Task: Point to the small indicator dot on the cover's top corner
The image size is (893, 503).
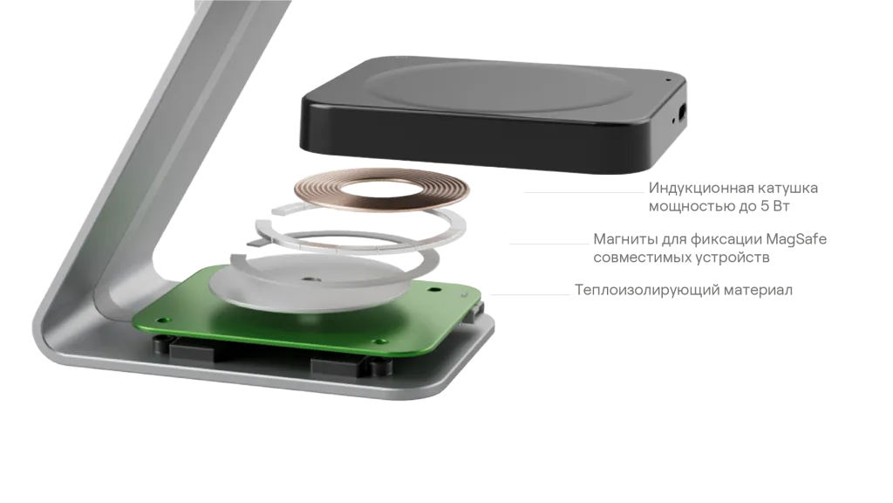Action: coord(668,79)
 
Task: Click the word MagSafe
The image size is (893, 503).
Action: coord(796,239)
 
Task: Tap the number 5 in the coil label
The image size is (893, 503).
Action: coord(765,206)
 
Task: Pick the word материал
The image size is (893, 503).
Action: coord(758,290)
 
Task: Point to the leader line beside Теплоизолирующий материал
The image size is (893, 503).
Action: coord(530,295)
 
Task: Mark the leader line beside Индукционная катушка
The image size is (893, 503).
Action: coord(583,193)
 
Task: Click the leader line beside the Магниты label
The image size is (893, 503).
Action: coord(549,245)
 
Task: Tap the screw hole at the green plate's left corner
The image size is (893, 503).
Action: coord(162,320)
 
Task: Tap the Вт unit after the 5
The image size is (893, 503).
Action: coord(781,206)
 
